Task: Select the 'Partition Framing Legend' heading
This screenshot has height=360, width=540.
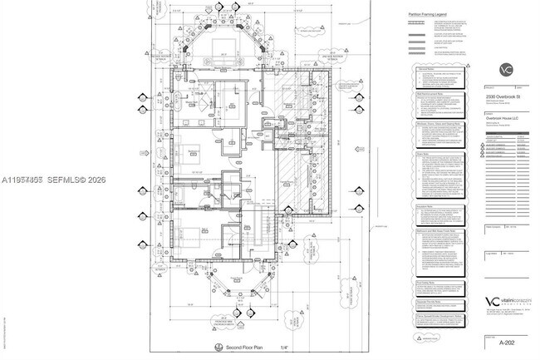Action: (429, 14)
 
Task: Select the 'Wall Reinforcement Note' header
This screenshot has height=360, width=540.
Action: (430, 95)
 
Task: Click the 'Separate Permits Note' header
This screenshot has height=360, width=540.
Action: (429, 300)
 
